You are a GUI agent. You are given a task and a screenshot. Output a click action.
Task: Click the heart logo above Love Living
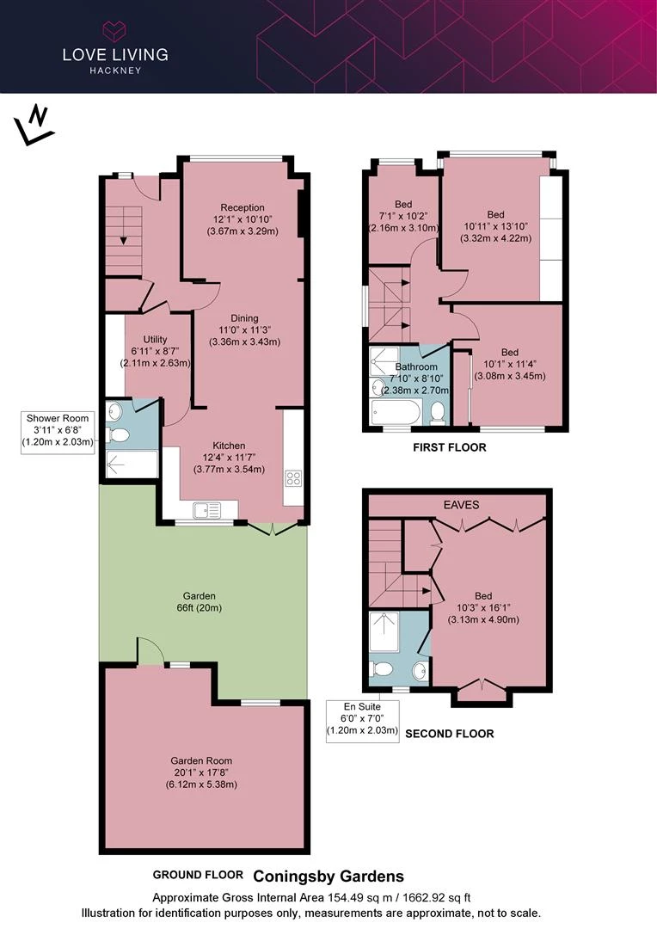click(115, 30)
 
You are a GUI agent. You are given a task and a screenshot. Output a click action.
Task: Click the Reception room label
click(243, 219)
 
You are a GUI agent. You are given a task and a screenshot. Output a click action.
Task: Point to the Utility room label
click(155, 351)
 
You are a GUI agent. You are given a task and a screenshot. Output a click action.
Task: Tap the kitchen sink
click(206, 510)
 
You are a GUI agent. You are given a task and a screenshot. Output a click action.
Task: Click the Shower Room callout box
click(58, 429)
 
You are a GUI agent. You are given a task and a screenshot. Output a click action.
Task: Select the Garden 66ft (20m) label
click(199, 601)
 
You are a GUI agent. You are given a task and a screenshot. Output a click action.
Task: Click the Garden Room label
click(201, 772)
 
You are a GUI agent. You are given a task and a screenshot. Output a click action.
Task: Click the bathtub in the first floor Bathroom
click(396, 412)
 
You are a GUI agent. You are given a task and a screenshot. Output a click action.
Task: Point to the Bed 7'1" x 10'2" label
click(403, 216)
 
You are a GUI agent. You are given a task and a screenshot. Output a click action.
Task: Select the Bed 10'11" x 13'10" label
click(496, 226)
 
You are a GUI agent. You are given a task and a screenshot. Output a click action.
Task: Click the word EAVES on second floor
click(462, 505)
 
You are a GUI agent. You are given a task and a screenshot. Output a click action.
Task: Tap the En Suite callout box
click(363, 718)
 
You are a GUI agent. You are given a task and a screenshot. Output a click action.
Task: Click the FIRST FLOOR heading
click(450, 447)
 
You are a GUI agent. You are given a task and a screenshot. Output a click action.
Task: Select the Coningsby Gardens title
click(328, 877)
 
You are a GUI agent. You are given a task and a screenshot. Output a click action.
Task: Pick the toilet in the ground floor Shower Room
click(118, 435)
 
